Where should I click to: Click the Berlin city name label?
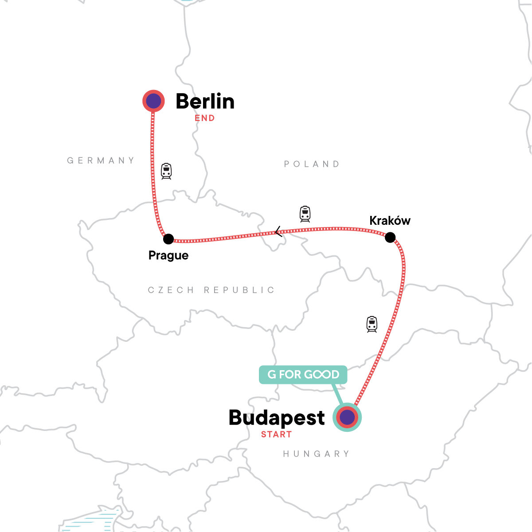click(x=205, y=102)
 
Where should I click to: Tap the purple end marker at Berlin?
click(x=153, y=101)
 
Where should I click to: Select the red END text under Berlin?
click(x=204, y=118)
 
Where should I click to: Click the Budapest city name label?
click(x=277, y=418)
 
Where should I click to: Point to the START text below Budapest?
click(x=276, y=434)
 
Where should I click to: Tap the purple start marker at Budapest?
click(x=347, y=417)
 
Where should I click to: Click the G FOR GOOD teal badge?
click(x=303, y=375)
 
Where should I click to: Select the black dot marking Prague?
click(x=168, y=239)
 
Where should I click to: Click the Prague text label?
click(x=168, y=255)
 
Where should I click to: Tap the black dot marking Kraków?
click(x=390, y=238)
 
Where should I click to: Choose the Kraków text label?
click(x=390, y=221)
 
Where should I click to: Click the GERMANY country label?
click(x=101, y=160)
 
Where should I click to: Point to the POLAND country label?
click(x=312, y=164)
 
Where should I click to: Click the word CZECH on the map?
click(x=171, y=290)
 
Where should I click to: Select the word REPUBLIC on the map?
click(x=239, y=290)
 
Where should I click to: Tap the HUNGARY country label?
click(x=316, y=454)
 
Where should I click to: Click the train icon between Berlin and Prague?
click(x=166, y=171)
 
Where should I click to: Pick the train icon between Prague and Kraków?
click(x=305, y=214)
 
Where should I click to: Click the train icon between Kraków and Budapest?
click(x=372, y=324)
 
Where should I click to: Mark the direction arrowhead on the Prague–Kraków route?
click(x=278, y=231)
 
